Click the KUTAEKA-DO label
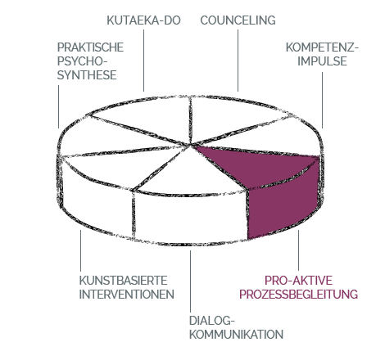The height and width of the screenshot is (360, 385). (x=143, y=20)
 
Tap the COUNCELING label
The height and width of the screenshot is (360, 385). (x=238, y=20)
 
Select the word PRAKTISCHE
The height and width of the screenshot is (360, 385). (x=90, y=47)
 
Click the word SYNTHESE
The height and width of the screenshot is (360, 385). (x=87, y=75)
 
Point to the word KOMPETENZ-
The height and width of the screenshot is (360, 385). (x=322, y=47)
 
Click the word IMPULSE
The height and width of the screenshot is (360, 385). (x=322, y=61)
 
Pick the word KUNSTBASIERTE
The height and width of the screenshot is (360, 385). (x=123, y=281)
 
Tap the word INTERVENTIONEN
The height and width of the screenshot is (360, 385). (x=126, y=295)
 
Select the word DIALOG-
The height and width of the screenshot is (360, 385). (x=212, y=321)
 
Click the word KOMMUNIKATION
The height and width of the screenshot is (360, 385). (x=236, y=335)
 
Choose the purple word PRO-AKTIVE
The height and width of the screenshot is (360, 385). (x=298, y=281)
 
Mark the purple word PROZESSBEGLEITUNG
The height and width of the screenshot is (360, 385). (x=298, y=295)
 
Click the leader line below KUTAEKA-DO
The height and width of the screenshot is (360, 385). (x=144, y=61)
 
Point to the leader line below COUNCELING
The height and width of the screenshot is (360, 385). (x=238, y=61)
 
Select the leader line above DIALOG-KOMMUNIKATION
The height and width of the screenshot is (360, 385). (x=190, y=281)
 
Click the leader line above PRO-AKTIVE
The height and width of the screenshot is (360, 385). (x=298, y=250)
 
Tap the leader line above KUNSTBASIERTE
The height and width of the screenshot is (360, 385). (x=80, y=250)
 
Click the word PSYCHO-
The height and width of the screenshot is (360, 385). (x=82, y=61)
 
